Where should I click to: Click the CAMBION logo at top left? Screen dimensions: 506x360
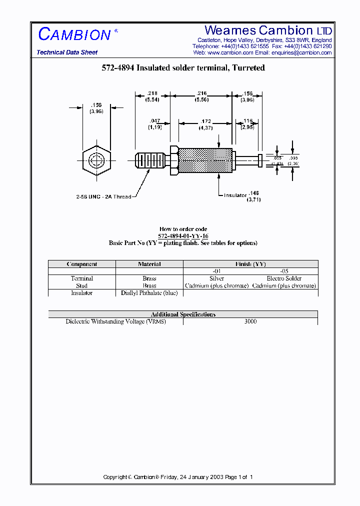point(75,34)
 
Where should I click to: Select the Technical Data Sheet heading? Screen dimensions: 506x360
point(67,52)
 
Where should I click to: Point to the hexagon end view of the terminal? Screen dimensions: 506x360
point(96,160)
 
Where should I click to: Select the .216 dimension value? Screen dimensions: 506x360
point(201,93)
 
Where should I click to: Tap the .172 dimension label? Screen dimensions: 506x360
point(205,121)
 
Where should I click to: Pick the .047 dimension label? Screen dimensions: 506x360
point(154,121)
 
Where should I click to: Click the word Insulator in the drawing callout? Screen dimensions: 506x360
point(235,195)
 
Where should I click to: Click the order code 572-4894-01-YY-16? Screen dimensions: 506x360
point(183,236)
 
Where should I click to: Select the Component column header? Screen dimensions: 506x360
point(81,264)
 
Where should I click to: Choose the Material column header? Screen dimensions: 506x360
point(149,264)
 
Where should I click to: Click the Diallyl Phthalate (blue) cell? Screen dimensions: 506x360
point(149,293)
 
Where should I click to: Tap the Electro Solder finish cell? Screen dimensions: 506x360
point(284,278)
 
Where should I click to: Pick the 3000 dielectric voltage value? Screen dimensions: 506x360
point(250,321)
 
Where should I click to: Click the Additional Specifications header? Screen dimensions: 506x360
point(183,314)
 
